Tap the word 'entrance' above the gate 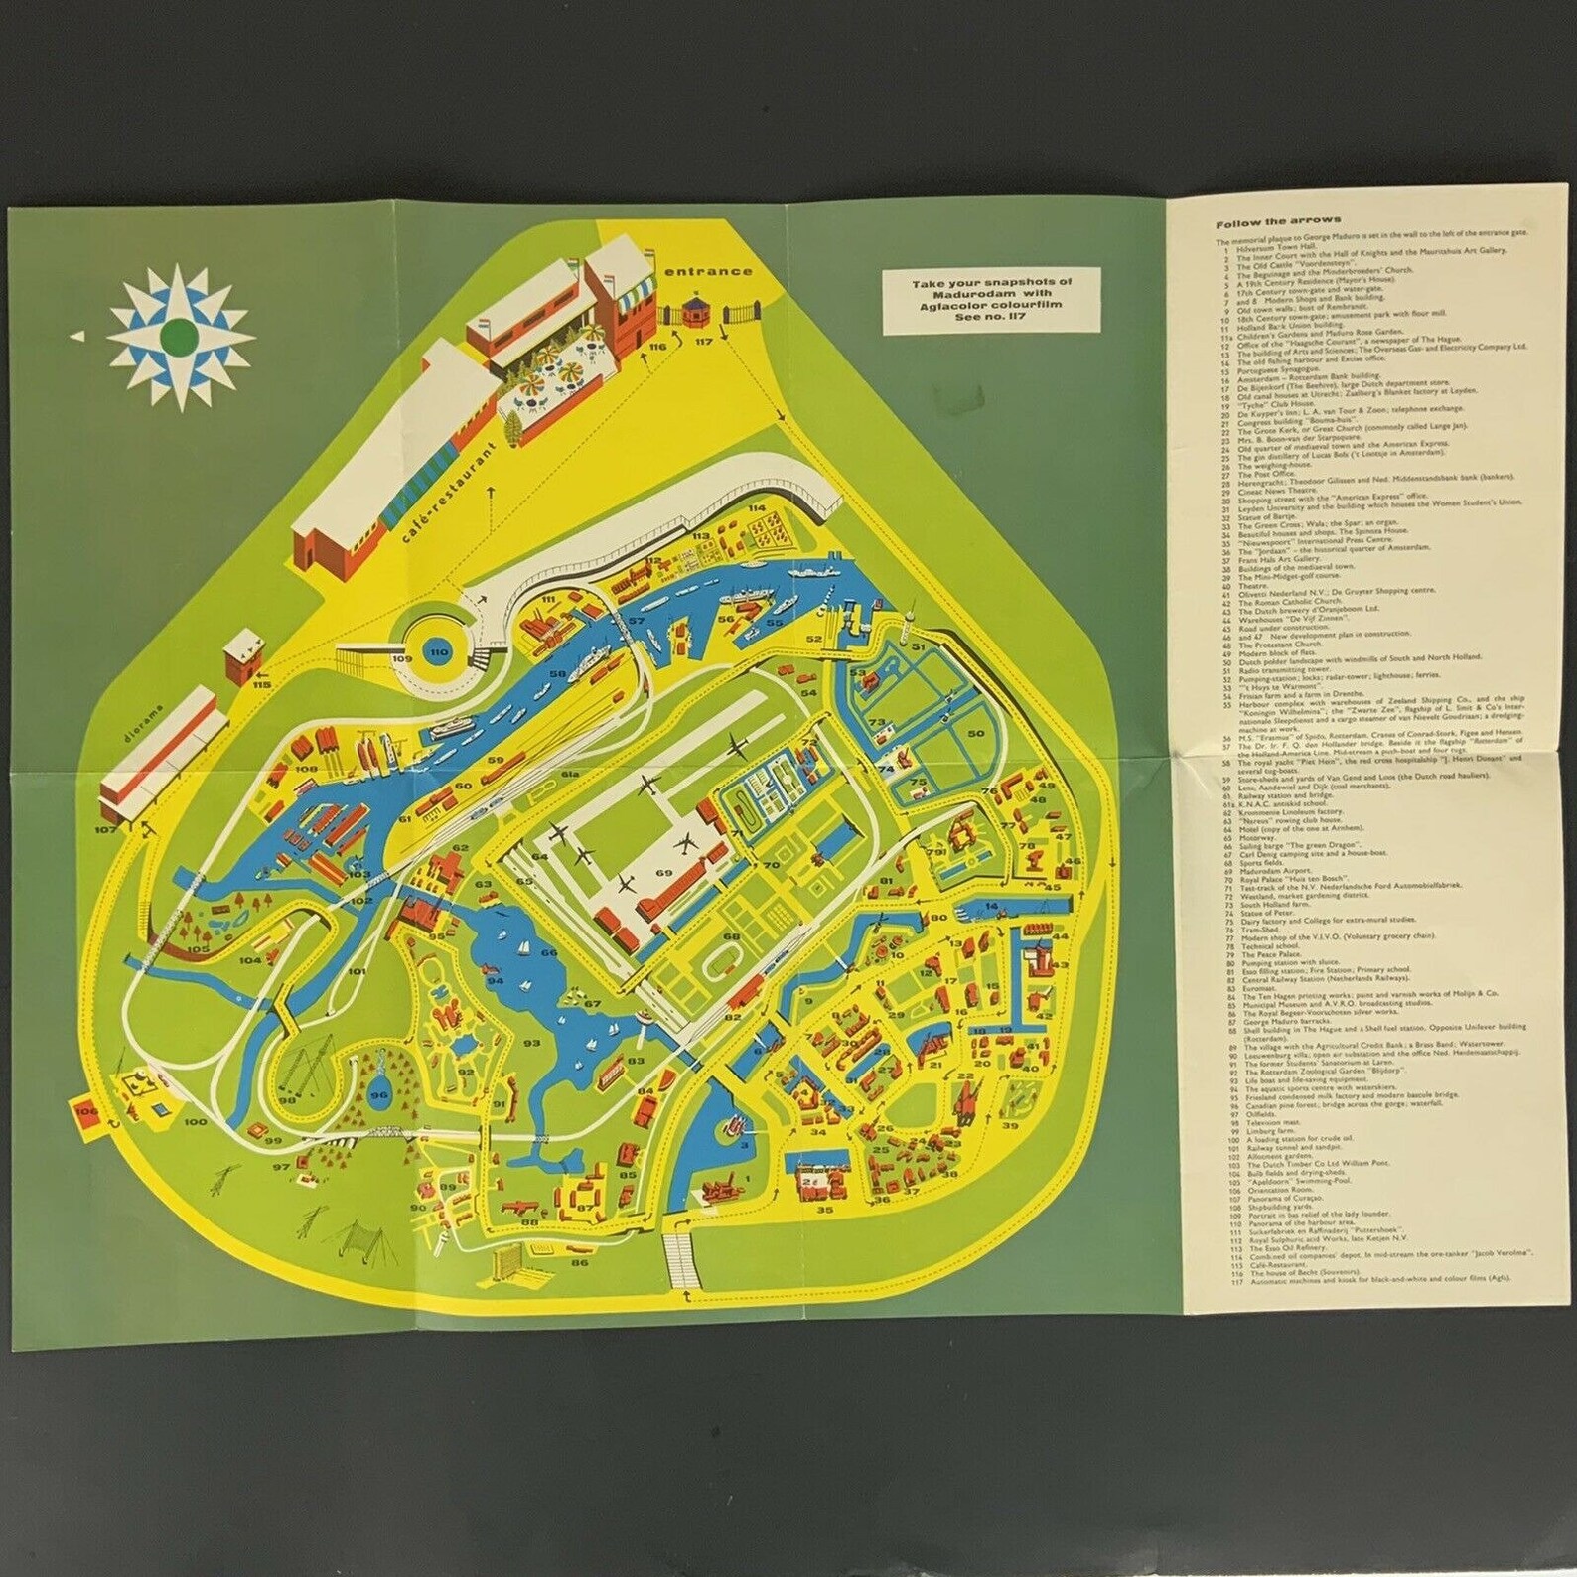pos(709,271)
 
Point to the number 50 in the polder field pos(975,733)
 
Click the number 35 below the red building pos(824,1210)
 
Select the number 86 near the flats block pos(579,1262)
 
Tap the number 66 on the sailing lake pos(549,952)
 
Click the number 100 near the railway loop pos(196,1122)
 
